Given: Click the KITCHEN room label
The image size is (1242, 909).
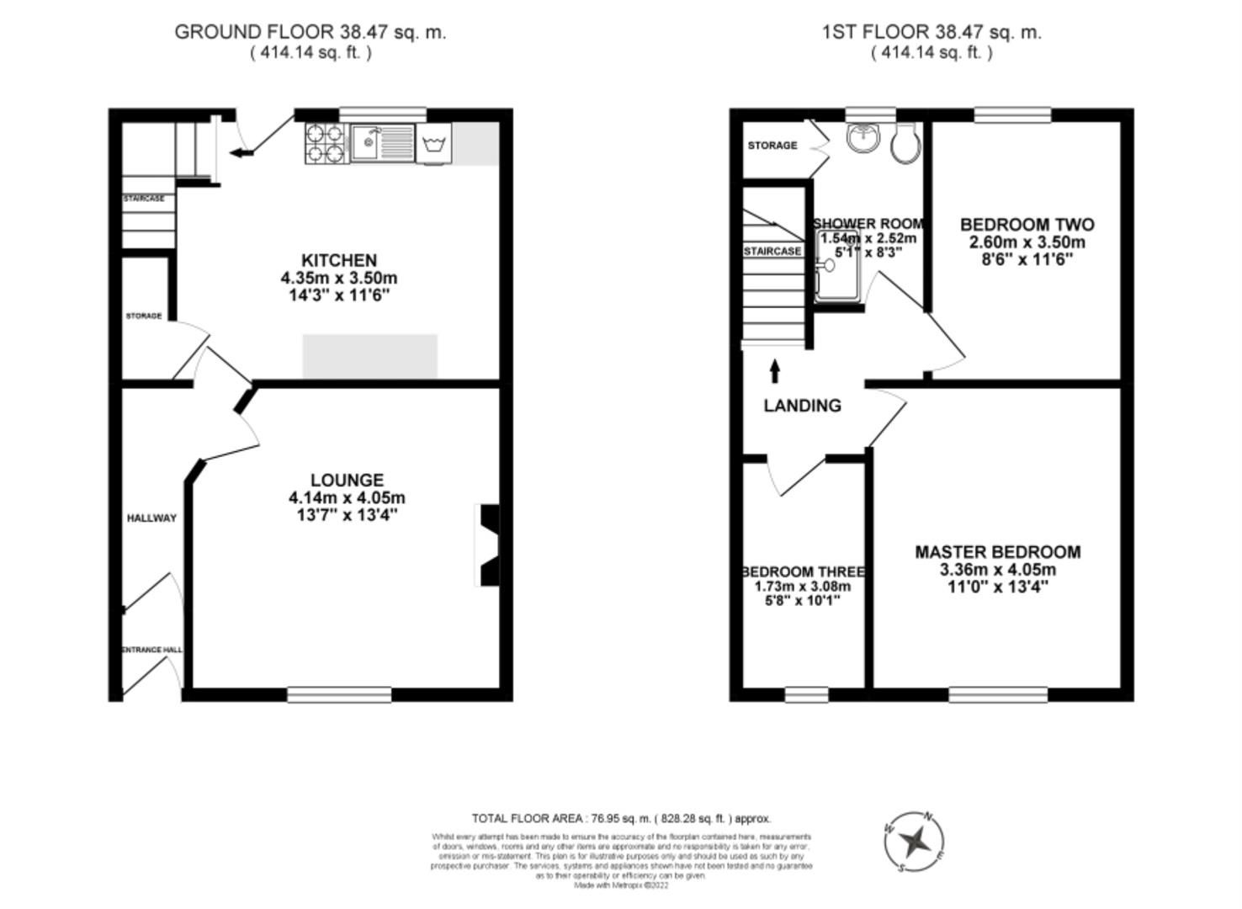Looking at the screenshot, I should tap(339, 260).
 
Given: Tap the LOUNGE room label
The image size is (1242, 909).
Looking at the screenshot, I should tap(347, 480).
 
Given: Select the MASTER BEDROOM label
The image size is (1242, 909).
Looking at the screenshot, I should tap(998, 552).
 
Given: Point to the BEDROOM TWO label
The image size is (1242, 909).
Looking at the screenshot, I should tap(1027, 225).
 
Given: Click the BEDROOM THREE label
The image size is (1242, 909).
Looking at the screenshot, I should tap(803, 572).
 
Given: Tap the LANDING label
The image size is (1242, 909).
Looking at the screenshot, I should tap(802, 406).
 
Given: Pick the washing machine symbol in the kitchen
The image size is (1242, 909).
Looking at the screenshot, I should tap(434, 143).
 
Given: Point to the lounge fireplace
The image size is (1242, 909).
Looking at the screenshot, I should tap(489, 545).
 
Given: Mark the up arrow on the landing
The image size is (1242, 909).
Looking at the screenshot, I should tap(774, 371).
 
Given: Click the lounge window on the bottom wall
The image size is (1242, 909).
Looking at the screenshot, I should tap(339, 694).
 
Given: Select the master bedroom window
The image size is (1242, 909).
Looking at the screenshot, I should tap(998, 694).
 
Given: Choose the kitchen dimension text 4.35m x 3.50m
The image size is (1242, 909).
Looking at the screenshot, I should tap(339, 278).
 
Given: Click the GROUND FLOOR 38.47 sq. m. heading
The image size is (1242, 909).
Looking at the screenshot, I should tap(310, 32).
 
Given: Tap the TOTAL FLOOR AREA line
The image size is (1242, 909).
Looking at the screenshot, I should tap(621, 818).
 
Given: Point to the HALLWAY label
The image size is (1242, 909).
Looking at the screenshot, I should tap(151, 518).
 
